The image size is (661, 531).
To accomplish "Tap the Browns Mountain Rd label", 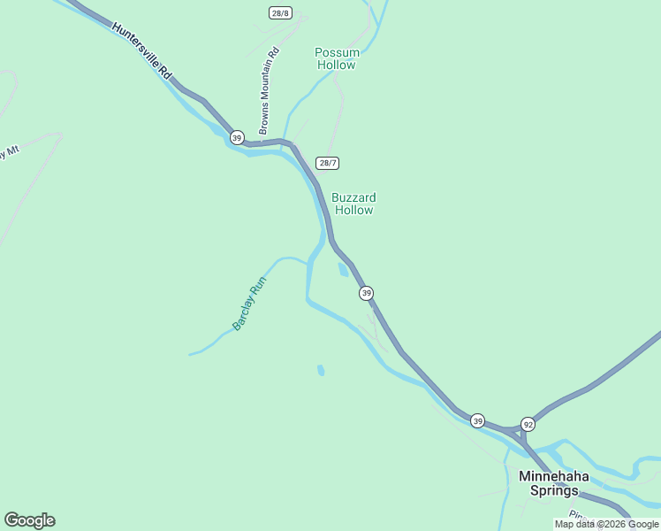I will coord(270,90).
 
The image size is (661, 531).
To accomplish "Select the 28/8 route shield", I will coord(280,12).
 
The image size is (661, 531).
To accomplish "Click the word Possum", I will coord(336,52).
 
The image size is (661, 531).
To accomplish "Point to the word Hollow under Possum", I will coord(336,65).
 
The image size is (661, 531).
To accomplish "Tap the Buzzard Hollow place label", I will coord(353,204).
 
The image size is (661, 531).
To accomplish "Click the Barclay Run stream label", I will coord(249,304).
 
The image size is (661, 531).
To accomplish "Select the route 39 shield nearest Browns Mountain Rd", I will coord(237,137).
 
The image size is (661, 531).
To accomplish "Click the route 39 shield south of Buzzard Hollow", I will coord(366,293).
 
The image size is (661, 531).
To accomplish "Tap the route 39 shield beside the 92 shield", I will coord(477,420).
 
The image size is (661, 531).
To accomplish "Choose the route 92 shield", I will coord(528,424).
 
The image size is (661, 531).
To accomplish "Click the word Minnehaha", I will coord(554,476).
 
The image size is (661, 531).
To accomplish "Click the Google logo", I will coord(29,520).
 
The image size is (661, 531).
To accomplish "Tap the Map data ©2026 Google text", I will coord(606,524).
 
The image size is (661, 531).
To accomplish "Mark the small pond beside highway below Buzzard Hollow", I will coord(343,270).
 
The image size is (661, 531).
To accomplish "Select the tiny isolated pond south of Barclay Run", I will coord(321,370).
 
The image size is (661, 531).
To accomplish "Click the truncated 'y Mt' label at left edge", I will coord(9,151).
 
